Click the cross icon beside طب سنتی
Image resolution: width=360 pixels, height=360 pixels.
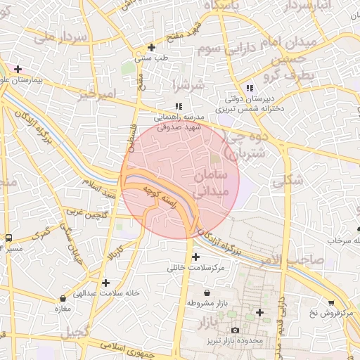click(x=151, y=48)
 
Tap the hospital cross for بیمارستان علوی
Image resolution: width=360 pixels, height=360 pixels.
click(x=18, y=69)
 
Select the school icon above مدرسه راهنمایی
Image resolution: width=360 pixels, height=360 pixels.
click(x=179, y=106)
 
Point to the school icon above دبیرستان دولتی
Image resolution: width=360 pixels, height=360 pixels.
click(x=249, y=88)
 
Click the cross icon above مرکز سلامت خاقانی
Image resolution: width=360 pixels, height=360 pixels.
click(x=195, y=257)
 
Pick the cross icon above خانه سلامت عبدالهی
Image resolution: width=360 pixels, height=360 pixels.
click(x=105, y=283)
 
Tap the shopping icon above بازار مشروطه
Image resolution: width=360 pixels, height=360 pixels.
click(x=207, y=292)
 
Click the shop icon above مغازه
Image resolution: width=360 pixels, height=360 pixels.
click(x=64, y=298)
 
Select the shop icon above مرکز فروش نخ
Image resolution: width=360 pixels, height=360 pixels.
click(x=330, y=303)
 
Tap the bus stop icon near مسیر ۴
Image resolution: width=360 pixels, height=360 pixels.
click(x=8, y=238)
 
